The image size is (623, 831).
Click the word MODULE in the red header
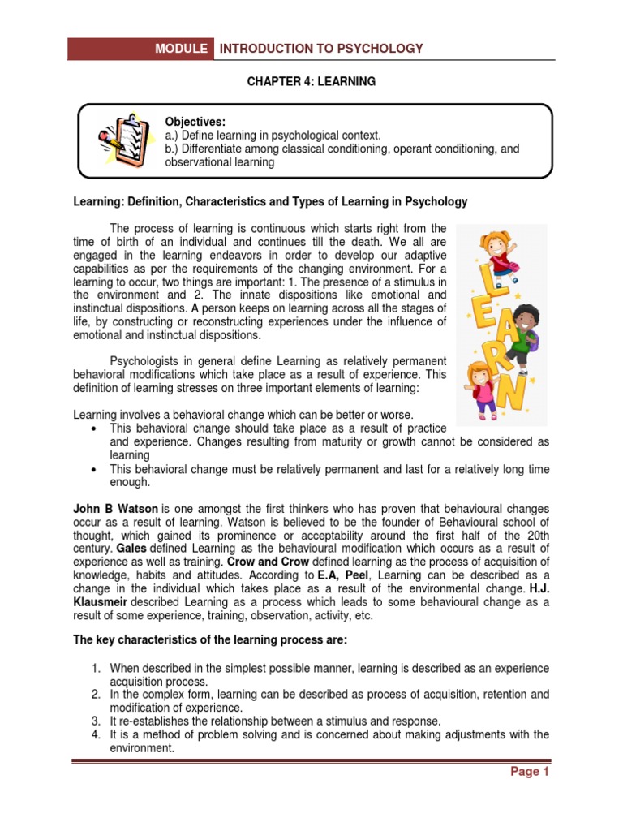click(182, 49)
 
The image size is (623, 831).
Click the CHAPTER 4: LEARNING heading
click(311, 82)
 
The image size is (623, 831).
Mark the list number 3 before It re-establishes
click(96, 721)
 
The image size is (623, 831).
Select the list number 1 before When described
click(96, 668)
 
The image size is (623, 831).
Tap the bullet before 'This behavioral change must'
click(96, 470)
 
